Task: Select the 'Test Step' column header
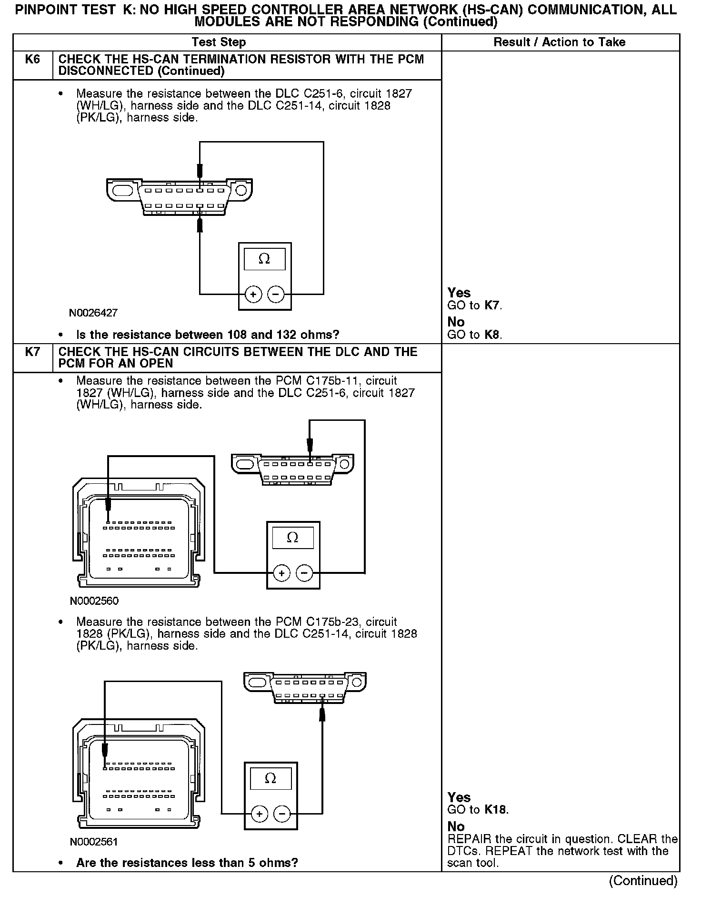pos(219,42)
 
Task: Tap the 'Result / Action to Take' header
pos(560,42)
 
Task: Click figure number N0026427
pos(93,313)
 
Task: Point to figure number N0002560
pos(94,601)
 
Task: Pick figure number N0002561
pos(94,842)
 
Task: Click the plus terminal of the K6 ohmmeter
pos(253,295)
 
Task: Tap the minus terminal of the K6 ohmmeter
pos(276,295)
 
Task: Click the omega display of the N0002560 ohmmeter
pos(293,538)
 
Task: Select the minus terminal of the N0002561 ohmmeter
pos(282,814)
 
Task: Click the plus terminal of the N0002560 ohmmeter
pos(282,573)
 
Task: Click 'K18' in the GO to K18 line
pos(496,810)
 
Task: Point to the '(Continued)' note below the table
pos(643,881)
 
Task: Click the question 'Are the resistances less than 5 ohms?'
pos(187,863)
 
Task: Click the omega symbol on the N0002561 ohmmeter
pos(270,779)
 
